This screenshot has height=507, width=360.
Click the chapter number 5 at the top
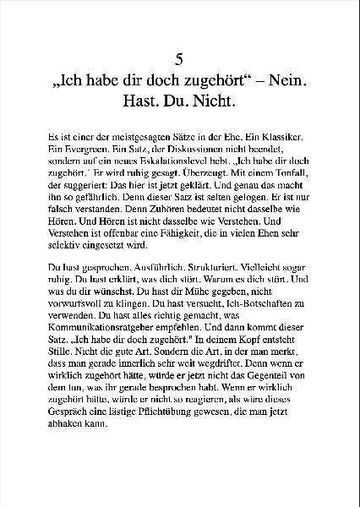pyautogui.click(x=179, y=59)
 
